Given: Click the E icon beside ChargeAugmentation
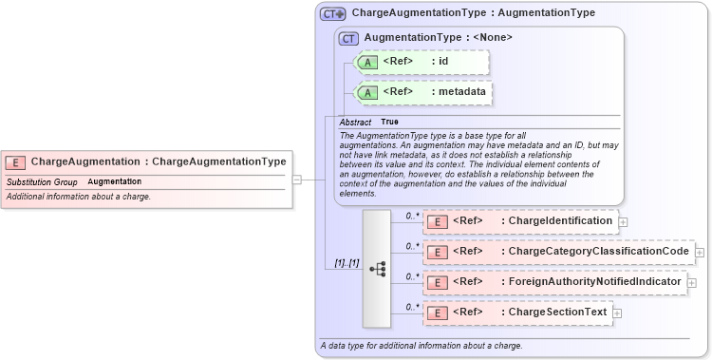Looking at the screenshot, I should (x=16, y=162).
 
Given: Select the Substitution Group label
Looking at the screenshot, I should (x=42, y=181).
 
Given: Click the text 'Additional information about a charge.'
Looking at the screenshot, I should (x=79, y=197).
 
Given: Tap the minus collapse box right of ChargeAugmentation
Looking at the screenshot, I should (x=297, y=179).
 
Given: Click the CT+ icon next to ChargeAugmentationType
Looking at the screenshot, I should (x=332, y=14).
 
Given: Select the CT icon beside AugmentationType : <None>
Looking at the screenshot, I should (x=348, y=38).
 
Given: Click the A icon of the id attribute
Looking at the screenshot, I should (x=366, y=63).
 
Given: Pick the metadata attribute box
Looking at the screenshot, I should (x=422, y=92).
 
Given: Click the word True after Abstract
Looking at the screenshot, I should (x=389, y=123).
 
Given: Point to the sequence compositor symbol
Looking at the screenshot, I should (x=377, y=269).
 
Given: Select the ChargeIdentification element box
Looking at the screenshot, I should (x=520, y=221).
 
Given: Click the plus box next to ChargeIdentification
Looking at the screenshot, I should (x=623, y=222).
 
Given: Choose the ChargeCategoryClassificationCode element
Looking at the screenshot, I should (x=558, y=252).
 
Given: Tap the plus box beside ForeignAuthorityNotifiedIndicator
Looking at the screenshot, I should (x=691, y=283).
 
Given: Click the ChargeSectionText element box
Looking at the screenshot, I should (x=517, y=313).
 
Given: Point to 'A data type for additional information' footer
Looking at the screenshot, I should (x=421, y=346).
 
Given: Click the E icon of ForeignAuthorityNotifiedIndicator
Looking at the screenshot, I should (x=438, y=283).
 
